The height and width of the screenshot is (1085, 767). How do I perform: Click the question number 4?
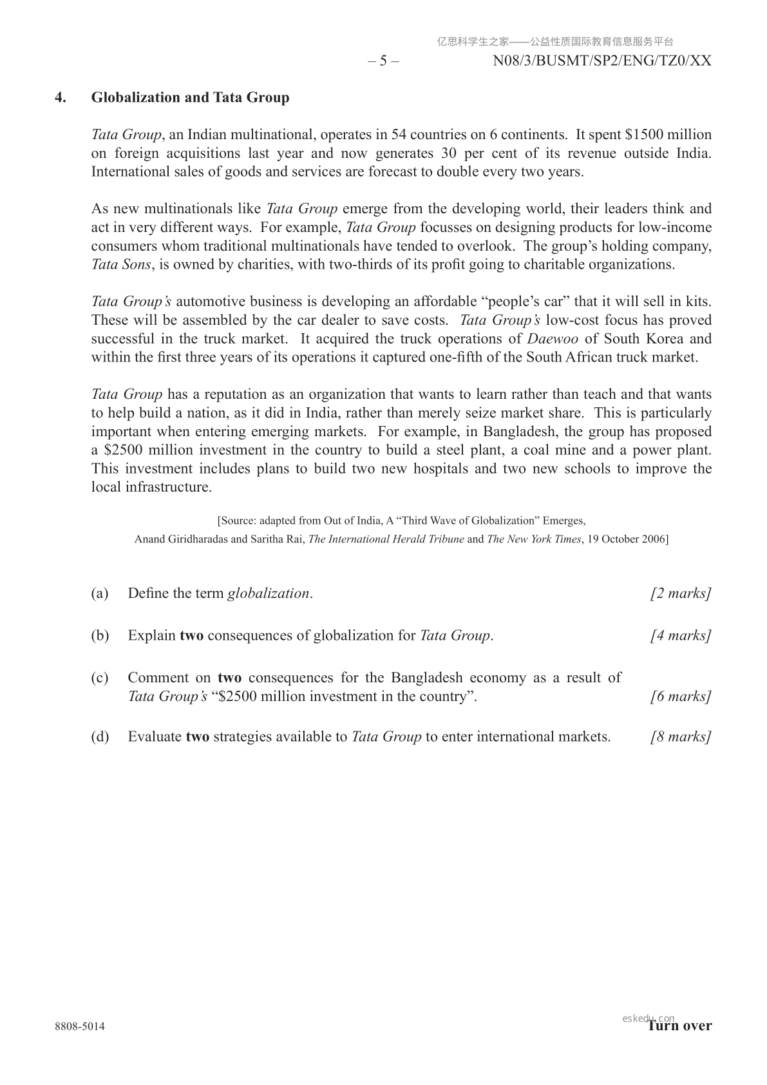click(x=61, y=98)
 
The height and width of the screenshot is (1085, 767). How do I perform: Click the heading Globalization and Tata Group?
click(x=190, y=98)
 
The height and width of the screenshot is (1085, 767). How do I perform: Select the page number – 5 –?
click(x=383, y=61)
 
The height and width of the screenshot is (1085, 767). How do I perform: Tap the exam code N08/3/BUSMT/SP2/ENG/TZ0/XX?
click(x=602, y=61)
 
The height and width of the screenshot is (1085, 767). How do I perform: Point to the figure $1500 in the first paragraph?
click(x=645, y=135)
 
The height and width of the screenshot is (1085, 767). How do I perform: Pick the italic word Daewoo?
click(x=553, y=339)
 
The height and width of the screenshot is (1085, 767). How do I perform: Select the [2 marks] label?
click(x=681, y=593)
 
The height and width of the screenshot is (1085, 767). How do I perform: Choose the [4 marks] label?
click(x=681, y=636)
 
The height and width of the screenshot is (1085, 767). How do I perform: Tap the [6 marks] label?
click(x=681, y=696)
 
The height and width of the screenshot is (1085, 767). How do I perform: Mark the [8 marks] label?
click(x=681, y=737)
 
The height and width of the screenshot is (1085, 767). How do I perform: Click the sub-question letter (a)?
click(x=100, y=593)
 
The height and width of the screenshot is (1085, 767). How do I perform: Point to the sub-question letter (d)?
click(x=100, y=737)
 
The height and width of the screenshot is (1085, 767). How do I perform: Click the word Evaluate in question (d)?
click(x=155, y=737)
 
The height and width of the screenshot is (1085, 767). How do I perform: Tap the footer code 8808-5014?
click(x=80, y=1026)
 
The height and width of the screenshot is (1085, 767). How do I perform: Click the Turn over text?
click(x=680, y=1026)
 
